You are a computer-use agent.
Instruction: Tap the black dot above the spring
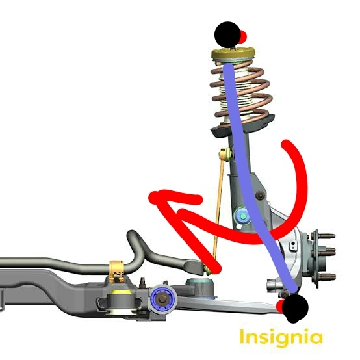pyautogui.click(x=227, y=34)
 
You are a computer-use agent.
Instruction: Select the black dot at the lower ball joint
pyautogui.click(x=295, y=308)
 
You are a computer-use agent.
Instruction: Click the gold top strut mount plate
pyautogui.click(x=233, y=54)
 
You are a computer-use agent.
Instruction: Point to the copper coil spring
pyautogui.click(x=241, y=94)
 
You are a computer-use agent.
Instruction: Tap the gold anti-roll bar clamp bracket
pyautogui.click(x=116, y=272)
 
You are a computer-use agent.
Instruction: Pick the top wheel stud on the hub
pyautogui.click(x=326, y=236)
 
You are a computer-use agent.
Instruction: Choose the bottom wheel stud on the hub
pyautogui.click(x=326, y=276)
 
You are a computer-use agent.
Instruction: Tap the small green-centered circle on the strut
pyautogui.click(x=242, y=216)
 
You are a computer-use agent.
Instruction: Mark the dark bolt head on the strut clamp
pyautogui.click(x=260, y=195)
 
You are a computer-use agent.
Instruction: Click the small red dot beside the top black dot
pyautogui.click(x=244, y=36)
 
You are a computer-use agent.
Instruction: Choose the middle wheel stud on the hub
pyautogui.click(x=326, y=250)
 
